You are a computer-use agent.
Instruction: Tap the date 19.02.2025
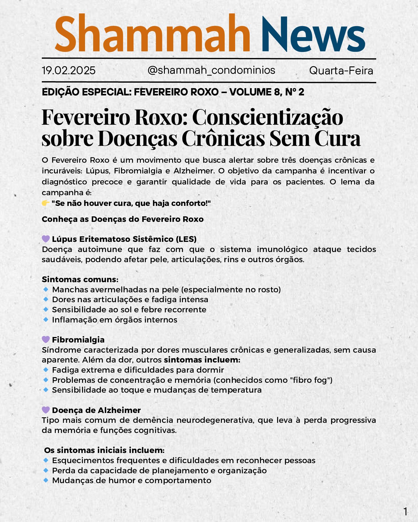pos(69,70)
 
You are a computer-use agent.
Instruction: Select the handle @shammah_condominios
pos(211,70)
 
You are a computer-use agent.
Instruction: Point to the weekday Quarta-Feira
pos(341,71)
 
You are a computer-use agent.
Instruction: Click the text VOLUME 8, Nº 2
pos(266,92)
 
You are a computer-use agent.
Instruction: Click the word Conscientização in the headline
pos(267,117)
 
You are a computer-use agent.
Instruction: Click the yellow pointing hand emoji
pos(46,203)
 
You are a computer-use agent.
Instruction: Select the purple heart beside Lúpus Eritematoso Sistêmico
pos(46,239)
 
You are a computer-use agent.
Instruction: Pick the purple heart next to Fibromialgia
pos(46,339)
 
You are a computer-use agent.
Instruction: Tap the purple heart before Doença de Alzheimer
pos(46,410)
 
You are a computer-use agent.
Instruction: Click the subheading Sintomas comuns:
pos(80,279)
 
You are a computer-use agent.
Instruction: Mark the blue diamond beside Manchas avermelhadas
pos(46,289)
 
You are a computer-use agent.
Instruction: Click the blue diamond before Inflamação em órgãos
pos(46,320)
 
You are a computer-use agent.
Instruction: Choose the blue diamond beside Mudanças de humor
pos(46,480)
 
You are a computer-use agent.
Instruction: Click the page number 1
pos(405,512)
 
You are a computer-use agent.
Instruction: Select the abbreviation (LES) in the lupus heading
pos(186,239)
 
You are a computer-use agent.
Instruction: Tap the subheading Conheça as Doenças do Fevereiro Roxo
pos(122,219)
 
